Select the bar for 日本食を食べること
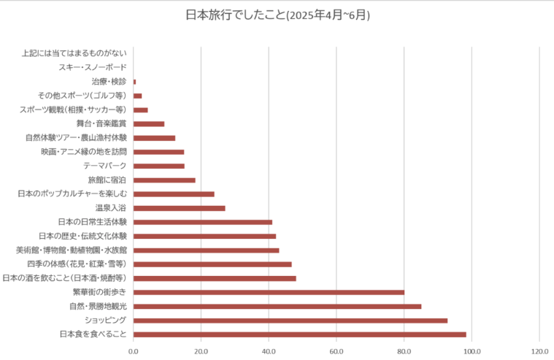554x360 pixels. tap(299, 334)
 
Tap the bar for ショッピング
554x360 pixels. tap(291, 321)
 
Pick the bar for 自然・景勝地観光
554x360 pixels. tap(277, 307)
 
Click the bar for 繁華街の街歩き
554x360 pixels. tap(269, 292)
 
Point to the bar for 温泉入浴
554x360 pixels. tap(179, 208)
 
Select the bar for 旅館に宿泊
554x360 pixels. tap(164, 180)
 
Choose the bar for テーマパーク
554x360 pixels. tap(159, 166)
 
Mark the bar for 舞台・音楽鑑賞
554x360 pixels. tap(149, 123)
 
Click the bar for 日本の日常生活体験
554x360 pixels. tap(203, 222)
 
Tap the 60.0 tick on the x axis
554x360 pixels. tap(336, 351)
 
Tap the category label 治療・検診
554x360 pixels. tap(109, 81)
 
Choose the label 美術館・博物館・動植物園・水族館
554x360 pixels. tap(72, 250)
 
